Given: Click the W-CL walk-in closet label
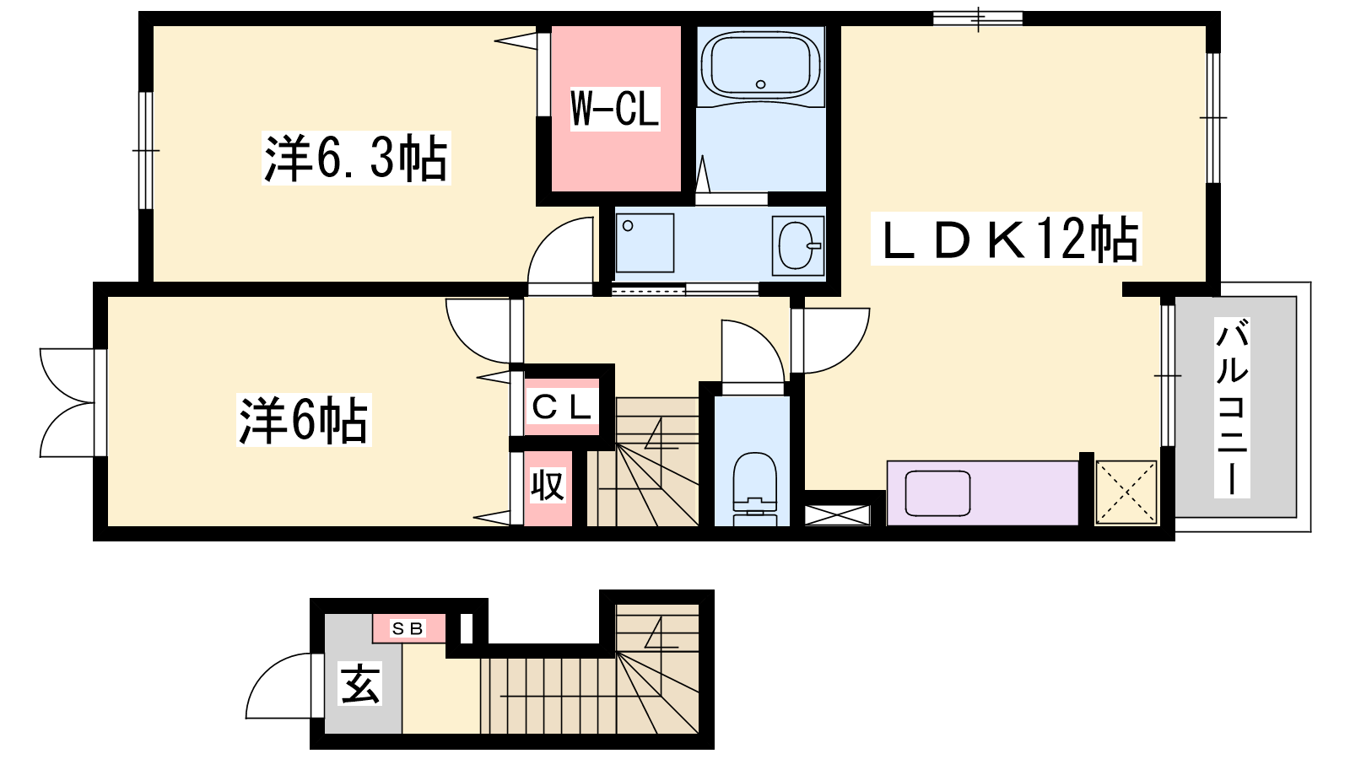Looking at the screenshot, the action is point(615,109).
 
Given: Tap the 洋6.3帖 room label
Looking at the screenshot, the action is point(356,158).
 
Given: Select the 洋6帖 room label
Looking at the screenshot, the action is point(304,420).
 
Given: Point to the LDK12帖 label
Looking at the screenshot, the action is point(1006,239).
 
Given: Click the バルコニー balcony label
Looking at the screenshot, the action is point(1232,407).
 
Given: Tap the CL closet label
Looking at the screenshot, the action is point(562,408).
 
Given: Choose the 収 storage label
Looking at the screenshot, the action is point(548,484).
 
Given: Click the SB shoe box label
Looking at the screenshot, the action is point(408,629).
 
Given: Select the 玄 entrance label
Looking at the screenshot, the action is point(361,682).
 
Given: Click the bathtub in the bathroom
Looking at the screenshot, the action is point(760,64).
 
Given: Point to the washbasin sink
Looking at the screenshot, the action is point(798,245).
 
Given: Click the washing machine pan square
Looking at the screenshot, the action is point(645,243).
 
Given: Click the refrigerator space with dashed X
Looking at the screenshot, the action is point(1126,493).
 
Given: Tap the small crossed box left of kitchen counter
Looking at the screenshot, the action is point(838,515).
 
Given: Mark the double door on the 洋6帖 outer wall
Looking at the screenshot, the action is point(67,402).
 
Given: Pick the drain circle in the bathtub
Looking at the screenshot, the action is point(760,84).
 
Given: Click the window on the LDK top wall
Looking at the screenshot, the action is point(978,19).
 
